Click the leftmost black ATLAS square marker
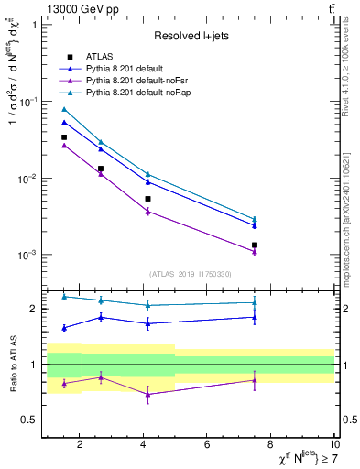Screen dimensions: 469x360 point(64,137)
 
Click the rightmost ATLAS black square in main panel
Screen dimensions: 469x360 point(255,245)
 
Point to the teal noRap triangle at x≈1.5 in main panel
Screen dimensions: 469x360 point(64,109)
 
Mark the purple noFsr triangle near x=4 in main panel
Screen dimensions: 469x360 point(147,212)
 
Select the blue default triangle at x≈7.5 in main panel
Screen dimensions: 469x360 point(255,225)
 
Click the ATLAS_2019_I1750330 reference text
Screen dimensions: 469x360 point(191,274)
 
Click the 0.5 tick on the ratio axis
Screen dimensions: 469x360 point(30,420)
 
